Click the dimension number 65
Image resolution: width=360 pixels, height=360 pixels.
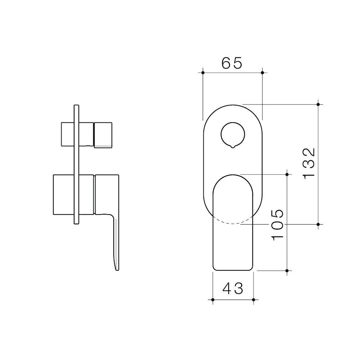coord(232,63)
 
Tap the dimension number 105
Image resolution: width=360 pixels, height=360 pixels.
coord(278,225)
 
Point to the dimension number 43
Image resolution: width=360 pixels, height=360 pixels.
coord(233,288)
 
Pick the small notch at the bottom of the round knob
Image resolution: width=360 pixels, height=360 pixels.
coord(233,147)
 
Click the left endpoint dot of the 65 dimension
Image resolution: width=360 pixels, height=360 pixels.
coord(203,73)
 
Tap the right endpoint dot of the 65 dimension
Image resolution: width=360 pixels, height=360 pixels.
coord(262,73)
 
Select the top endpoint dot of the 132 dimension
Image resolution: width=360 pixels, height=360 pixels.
coord(318,104)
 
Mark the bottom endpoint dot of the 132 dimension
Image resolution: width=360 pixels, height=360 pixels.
coord(318,224)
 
